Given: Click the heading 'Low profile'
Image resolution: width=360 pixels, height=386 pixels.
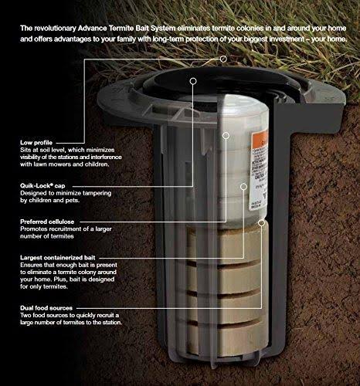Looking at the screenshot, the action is [x=36, y=143].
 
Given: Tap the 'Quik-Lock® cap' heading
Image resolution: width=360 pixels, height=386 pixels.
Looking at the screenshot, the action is [x=42, y=185].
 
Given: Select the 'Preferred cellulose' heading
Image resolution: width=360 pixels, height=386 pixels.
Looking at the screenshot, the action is [x=47, y=222].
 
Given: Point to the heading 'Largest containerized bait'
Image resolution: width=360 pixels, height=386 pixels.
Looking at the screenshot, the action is [x=58, y=258].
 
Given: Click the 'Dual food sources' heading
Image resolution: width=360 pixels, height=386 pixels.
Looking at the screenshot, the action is [x=46, y=308].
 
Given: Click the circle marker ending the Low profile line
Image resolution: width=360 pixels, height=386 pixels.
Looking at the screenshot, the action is [x=223, y=59].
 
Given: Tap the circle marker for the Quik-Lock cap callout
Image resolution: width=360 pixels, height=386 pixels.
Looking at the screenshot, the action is [x=193, y=81].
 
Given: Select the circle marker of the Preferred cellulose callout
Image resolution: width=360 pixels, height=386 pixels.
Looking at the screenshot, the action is [x=226, y=136].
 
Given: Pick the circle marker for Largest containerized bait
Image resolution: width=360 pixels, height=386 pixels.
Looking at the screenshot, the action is [x=243, y=187].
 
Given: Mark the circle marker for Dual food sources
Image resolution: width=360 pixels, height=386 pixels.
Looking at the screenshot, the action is [x=261, y=223].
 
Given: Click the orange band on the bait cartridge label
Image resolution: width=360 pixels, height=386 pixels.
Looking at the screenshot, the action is [x=260, y=141].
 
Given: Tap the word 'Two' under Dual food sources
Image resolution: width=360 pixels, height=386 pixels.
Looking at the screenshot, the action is [x=25, y=315].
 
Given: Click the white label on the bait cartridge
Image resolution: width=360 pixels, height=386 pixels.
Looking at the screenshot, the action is [x=258, y=172].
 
